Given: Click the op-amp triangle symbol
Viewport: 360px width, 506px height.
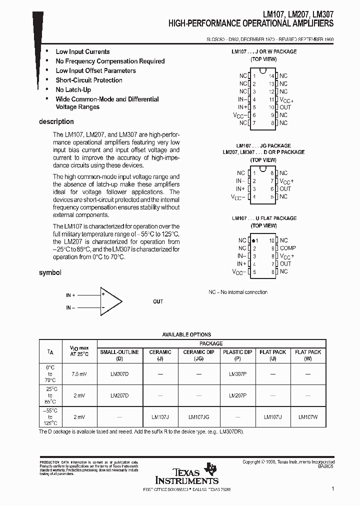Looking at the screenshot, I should coord(110,301).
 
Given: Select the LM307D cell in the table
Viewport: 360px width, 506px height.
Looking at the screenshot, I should coord(119,373).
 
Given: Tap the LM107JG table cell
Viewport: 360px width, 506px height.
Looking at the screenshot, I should coord(198,416).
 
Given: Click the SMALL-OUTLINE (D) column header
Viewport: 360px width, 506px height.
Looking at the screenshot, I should coord(119,355).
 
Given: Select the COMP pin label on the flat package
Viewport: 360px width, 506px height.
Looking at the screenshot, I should coord(287,248).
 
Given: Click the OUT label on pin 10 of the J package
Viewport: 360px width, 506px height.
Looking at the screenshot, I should coord(285,107).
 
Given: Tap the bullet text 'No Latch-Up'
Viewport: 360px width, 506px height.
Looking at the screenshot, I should coord(73,89).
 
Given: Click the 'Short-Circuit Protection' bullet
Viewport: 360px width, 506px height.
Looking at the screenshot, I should coord(89,80).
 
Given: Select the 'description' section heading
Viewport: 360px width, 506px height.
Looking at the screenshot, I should coord(56,121).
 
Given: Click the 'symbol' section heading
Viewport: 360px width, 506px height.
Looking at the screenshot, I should coord(50,272).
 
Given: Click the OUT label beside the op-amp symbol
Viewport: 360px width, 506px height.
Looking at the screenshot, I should coord(158,301).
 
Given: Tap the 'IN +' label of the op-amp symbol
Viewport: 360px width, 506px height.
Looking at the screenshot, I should coord(70,295).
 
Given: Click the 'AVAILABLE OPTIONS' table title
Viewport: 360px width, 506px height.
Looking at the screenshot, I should coord(186,334).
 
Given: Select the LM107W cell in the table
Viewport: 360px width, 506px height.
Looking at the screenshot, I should coord(308,416).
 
